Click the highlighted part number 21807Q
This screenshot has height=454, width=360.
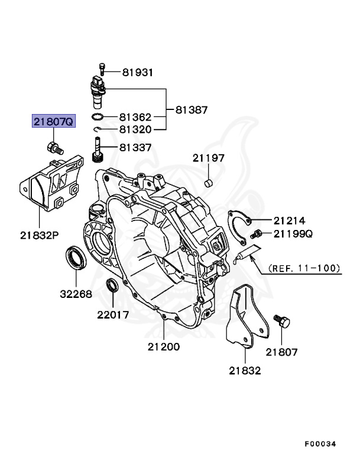[x=53, y=122]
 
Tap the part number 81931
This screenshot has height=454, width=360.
[x=138, y=73]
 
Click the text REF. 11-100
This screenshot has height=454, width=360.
[x=305, y=268]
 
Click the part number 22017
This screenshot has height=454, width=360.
[x=113, y=315]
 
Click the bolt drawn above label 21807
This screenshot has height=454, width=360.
[x=281, y=323]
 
